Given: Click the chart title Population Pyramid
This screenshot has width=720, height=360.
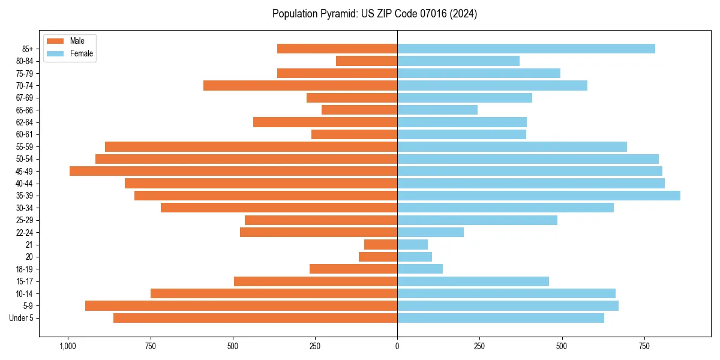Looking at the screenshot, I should click(374, 14).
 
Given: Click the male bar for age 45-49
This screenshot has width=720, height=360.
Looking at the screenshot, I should click(233, 171).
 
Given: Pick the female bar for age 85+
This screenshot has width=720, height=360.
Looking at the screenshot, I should click(526, 49).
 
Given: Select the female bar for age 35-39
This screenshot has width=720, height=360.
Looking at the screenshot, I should click(539, 196).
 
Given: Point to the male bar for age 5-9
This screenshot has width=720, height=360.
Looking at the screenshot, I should click(241, 306).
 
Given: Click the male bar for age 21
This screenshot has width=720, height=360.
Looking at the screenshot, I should click(380, 245).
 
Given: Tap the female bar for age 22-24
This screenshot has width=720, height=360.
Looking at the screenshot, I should click(430, 232).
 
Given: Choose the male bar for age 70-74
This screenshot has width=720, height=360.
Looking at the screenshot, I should click(300, 86).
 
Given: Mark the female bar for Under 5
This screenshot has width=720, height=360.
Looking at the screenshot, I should click(500, 318).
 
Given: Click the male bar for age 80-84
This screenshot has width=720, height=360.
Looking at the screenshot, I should click(367, 61).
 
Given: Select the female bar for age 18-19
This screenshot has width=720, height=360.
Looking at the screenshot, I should click(420, 269).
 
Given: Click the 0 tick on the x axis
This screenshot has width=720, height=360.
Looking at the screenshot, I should click(397, 346).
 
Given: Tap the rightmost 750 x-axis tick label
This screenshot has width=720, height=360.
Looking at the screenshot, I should click(644, 346).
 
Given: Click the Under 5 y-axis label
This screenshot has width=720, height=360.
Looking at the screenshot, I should click(22, 318).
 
